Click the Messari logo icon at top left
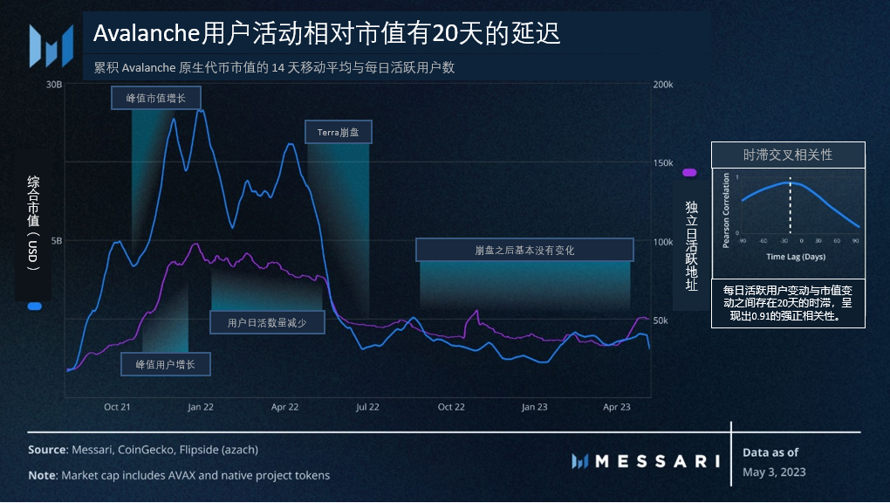click(51, 45)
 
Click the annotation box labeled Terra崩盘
click(338, 133)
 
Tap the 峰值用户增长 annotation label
click(166, 364)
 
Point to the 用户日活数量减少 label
click(268, 322)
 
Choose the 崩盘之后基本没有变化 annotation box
click(524, 250)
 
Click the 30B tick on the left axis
click(54, 85)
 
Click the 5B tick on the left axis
click(57, 241)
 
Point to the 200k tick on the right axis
click(662, 85)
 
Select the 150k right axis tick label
click(662, 163)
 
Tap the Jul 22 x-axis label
click(367, 407)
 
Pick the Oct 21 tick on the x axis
click(117, 407)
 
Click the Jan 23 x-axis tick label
click(534, 407)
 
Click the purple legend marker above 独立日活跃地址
click(689, 173)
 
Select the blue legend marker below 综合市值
click(34, 307)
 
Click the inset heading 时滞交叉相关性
click(788, 155)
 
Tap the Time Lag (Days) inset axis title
click(795, 258)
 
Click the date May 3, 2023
click(774, 472)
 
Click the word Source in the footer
click(47, 450)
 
